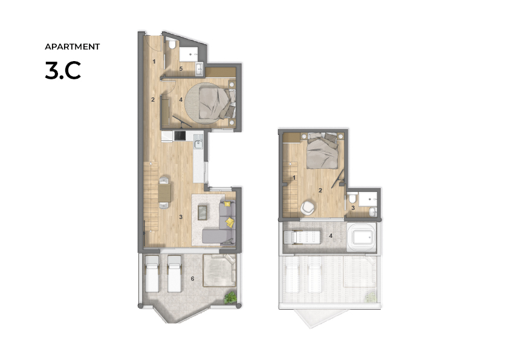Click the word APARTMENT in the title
pos(72,47)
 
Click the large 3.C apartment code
pos(63,71)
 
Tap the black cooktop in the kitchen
pos(180,136)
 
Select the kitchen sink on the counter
pos(198,143)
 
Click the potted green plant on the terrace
pos(230,297)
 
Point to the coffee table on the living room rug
pos(203,212)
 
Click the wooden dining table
pos(164,192)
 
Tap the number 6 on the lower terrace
pos(192,279)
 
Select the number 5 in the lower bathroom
pos(181,69)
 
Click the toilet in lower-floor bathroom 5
pos(172,44)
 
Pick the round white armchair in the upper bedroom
pos(307,208)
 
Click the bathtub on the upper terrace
pos(361,237)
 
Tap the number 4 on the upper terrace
pos(331,235)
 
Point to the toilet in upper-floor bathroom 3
pos(352,197)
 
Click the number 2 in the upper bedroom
pos(320,191)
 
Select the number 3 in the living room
pos(181,217)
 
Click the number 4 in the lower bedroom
pos(181,100)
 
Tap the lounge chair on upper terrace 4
pos(302,237)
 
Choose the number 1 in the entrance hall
pos(154,61)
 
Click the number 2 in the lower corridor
pos(153,100)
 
